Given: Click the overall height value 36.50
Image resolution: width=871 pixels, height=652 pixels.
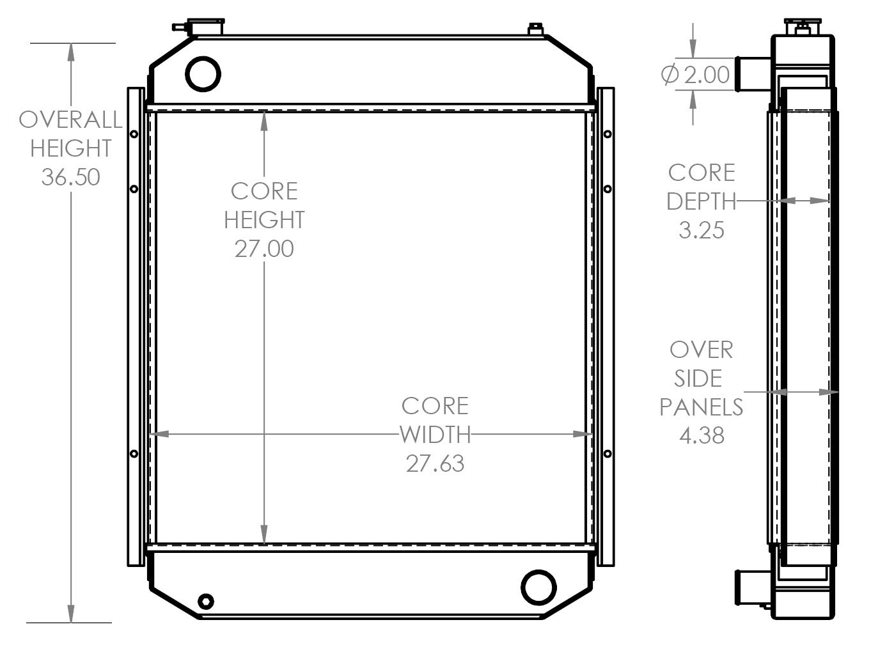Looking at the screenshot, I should (x=70, y=177).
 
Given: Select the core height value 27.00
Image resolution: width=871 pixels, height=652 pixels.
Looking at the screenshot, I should (x=264, y=249).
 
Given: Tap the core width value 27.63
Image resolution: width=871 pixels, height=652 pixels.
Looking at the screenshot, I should (x=435, y=463).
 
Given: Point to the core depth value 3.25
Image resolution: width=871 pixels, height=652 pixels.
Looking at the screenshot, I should (x=701, y=229).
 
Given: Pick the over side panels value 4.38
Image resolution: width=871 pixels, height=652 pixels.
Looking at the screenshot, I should (x=702, y=435).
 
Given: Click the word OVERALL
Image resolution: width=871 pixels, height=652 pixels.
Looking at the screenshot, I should (x=70, y=120).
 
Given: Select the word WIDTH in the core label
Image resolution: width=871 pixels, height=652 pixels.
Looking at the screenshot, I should (x=435, y=435).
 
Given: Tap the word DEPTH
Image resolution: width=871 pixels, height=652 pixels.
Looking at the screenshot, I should (x=701, y=201).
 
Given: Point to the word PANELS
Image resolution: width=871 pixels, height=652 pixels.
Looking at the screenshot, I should (x=701, y=407).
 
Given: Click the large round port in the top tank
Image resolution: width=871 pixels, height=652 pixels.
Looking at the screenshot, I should (x=203, y=74).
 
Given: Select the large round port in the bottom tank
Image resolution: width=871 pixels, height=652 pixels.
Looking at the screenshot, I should (x=538, y=587).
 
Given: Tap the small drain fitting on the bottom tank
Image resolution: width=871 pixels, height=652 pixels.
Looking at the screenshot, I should (x=206, y=601).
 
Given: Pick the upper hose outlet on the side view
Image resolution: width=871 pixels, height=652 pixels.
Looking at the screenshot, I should (x=753, y=74).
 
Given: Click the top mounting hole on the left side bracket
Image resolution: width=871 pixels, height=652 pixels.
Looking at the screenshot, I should (x=134, y=134).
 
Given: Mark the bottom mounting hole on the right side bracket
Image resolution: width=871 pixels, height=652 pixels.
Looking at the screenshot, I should (x=608, y=454).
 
